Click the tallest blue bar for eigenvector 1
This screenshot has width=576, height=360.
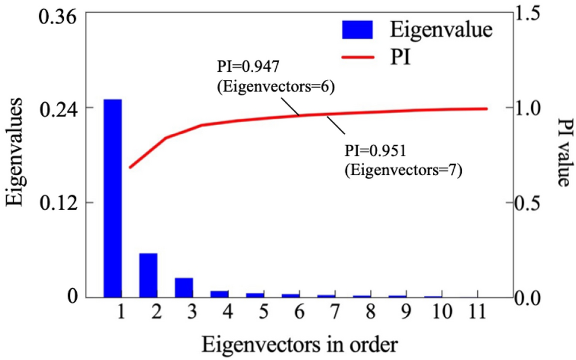(x=113, y=198)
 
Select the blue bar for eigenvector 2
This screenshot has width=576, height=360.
(x=148, y=275)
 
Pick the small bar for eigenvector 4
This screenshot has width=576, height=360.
(x=219, y=294)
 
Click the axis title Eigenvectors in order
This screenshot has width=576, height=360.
(x=299, y=345)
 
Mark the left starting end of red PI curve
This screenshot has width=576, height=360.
(x=130, y=167)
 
